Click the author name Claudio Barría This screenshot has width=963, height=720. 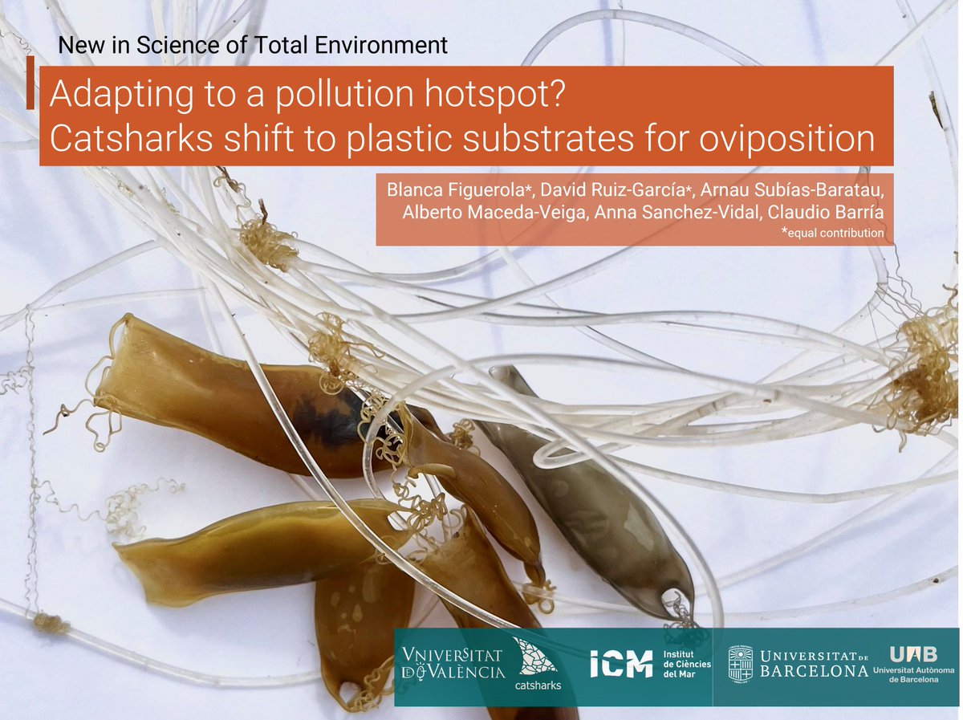click(835, 213)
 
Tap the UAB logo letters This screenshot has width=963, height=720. click(912, 654)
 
